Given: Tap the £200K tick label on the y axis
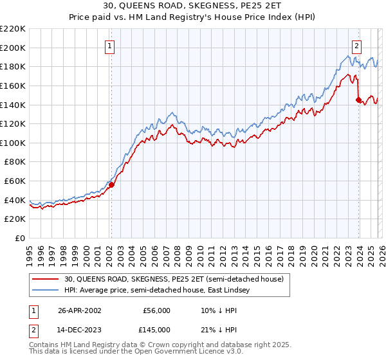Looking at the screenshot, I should pyautogui.click(x=13, y=48).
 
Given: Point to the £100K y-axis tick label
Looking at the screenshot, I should pyautogui.click(x=13, y=143).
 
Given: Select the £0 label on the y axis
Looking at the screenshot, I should pyautogui.click(x=20, y=239).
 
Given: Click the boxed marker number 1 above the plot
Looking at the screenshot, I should pyautogui.click(x=111, y=46).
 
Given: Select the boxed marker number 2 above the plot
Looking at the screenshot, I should pyautogui.click(x=357, y=46).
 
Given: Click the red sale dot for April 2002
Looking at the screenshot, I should pyautogui.click(x=111, y=184).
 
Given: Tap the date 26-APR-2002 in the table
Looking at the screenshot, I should pyautogui.click(x=80, y=310).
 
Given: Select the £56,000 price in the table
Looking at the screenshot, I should pyautogui.click(x=156, y=310).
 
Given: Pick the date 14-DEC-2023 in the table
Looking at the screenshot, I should pyautogui.click(x=80, y=330).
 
